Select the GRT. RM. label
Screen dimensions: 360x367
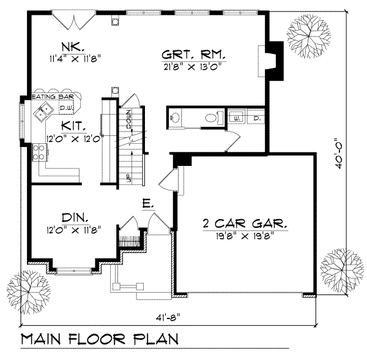[194, 54]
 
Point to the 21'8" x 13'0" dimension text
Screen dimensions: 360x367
[194, 66]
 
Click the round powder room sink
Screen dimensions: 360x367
[175, 118]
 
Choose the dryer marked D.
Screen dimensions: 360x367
[257, 116]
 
